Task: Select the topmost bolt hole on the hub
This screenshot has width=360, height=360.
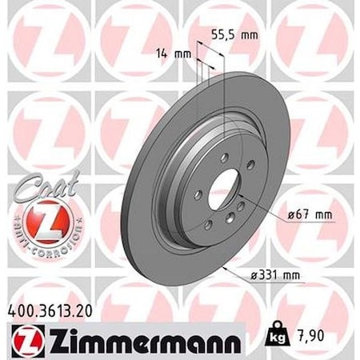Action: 224,156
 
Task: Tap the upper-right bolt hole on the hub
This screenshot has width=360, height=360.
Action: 250,165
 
